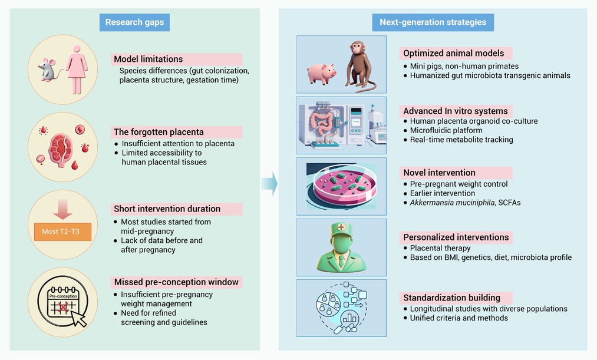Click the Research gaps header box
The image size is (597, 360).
tap(134, 22)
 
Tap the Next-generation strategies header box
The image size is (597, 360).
tap(433, 22)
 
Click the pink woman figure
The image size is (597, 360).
tap(77, 70)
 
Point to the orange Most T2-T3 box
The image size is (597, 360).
tap(63, 232)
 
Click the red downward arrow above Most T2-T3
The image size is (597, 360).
tap(63, 209)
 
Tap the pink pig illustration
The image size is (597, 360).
tap(322, 73)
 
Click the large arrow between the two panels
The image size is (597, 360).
tap(269, 184)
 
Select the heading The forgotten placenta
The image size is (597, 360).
tap(159, 132)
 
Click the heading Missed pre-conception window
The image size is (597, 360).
tap(176, 282)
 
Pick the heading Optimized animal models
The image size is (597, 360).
tap(453, 53)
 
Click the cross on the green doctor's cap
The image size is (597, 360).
tap(341, 227)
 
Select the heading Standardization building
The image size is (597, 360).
tap(451, 298)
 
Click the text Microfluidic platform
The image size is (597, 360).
tap(446, 130)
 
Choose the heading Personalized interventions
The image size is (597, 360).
tap(456, 237)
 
